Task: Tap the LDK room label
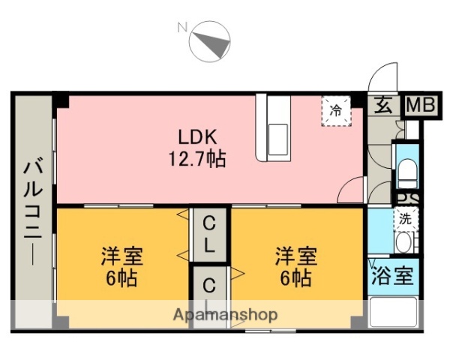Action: [x=197, y=137]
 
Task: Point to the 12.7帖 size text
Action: [x=197, y=159]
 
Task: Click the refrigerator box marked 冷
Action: [x=336, y=110]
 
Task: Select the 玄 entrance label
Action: [x=382, y=106]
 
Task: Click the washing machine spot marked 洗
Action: [x=405, y=219]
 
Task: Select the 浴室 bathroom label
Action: [x=392, y=275]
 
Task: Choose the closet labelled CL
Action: [x=209, y=233]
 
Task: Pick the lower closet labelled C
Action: [x=209, y=286]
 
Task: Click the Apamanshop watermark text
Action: [x=225, y=313]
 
